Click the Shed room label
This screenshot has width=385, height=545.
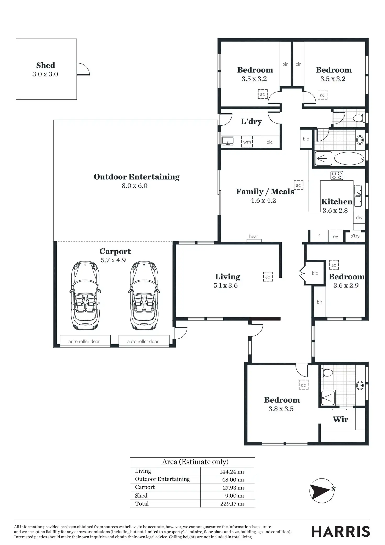(46, 65)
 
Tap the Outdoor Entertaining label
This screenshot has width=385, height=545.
(137, 177)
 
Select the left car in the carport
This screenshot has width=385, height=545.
(85, 295)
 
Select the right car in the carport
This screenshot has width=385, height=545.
(144, 295)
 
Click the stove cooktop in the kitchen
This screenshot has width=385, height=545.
(337, 175)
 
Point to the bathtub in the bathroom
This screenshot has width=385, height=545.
(349, 158)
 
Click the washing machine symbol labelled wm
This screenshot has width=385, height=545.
(247, 142)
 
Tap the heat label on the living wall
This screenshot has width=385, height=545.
(253, 237)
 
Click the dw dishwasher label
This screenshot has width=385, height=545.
(359, 218)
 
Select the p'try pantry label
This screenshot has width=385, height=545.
(355, 236)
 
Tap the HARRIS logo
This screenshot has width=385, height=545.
(341, 532)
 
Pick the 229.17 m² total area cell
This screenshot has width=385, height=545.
(232, 504)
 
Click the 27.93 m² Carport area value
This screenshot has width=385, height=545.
(232, 487)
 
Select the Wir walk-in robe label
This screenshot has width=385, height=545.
(341, 419)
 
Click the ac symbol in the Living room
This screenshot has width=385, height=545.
(268, 277)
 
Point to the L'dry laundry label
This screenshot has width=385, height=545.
(251, 122)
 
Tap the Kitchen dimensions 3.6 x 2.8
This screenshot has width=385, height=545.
(335, 211)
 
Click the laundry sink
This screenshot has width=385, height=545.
(228, 141)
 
